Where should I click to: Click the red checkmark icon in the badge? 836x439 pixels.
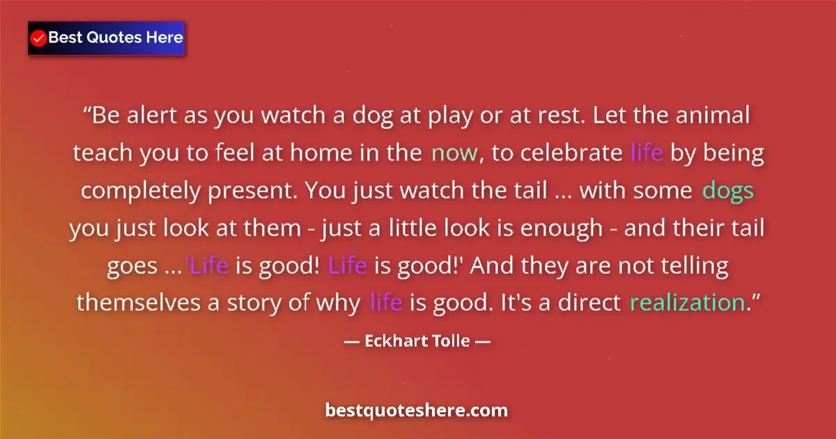[x=39, y=38]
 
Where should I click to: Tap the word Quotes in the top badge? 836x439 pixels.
[x=114, y=38]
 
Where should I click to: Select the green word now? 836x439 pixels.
[x=454, y=153]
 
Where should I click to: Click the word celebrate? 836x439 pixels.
[x=573, y=153]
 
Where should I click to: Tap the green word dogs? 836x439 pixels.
[x=728, y=190]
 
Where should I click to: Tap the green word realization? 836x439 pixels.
[x=686, y=303]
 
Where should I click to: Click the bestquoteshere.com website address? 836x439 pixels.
[x=417, y=410]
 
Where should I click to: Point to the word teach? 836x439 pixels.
[x=103, y=153]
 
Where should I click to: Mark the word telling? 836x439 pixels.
[x=690, y=265]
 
